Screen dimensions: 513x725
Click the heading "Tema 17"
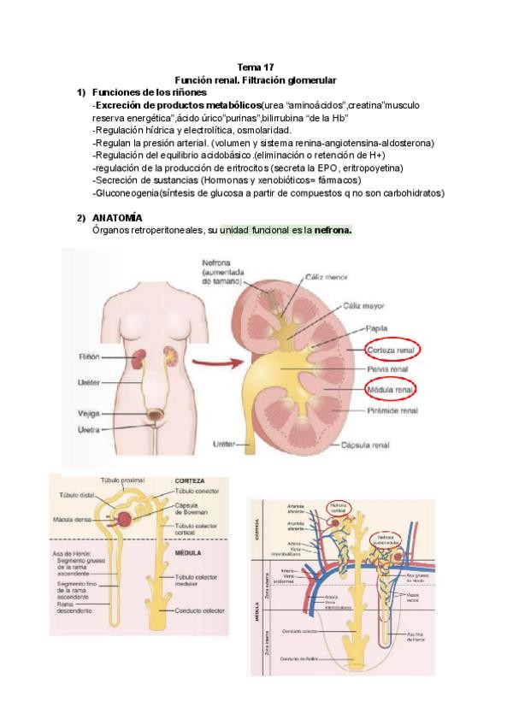(x=256, y=67)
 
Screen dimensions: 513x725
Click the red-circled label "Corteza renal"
(x=391, y=351)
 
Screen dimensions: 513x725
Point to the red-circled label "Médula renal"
(x=390, y=391)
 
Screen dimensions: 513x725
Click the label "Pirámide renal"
(x=392, y=410)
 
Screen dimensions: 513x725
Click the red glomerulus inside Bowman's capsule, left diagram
(x=125, y=518)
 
